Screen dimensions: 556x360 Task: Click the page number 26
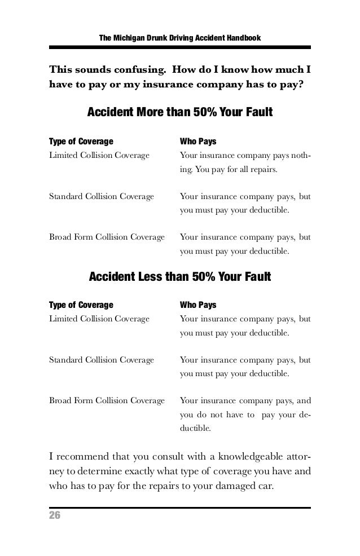tap(55, 517)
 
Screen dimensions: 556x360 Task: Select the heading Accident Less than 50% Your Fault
tap(180, 277)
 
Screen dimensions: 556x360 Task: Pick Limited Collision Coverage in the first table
tap(99, 154)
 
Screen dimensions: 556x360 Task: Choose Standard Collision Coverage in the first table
tap(102, 197)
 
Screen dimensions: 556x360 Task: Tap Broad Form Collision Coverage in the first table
tap(107, 237)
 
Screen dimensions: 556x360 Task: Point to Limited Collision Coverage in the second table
tap(99, 319)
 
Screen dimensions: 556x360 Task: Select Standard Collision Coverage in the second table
tap(102, 360)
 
